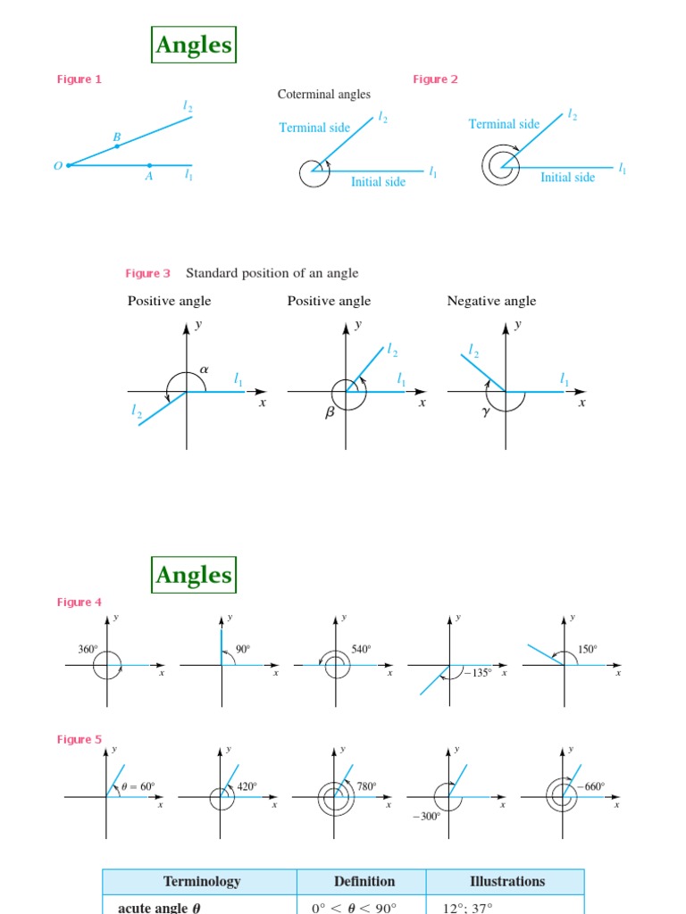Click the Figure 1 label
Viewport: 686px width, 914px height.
(79, 79)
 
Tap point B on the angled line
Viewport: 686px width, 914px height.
(117, 145)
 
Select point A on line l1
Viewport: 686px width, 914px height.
(149, 165)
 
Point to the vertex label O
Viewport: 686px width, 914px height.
(57, 166)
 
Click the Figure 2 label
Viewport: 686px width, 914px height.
(435, 79)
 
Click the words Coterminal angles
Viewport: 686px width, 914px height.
(323, 94)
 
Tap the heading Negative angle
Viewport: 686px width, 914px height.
(491, 301)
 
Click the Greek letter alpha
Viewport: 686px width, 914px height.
(204, 368)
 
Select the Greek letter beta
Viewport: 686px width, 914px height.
(329, 414)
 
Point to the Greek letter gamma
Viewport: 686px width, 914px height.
(487, 412)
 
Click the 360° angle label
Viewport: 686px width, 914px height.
(88, 650)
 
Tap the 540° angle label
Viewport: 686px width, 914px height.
(361, 650)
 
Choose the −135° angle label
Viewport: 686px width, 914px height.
(478, 673)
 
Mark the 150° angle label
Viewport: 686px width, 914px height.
(587, 650)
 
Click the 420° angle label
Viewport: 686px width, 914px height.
(247, 786)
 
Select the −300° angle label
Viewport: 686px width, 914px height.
(426, 816)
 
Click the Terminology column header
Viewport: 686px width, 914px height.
(201, 881)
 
